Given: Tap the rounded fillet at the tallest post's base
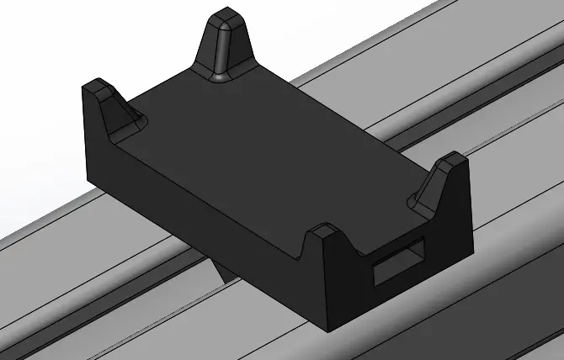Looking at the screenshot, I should click(221, 77).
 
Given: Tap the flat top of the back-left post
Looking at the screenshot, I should click(95, 84).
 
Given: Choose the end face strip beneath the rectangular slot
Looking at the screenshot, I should click(396, 294).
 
